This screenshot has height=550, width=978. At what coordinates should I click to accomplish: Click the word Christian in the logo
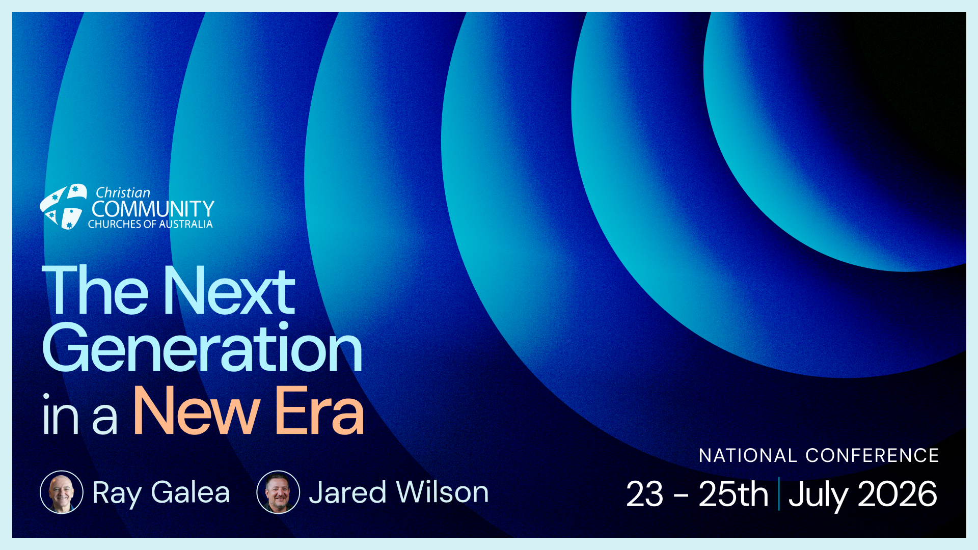[123, 193]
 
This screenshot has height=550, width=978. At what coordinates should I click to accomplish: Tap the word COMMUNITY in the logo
[153, 209]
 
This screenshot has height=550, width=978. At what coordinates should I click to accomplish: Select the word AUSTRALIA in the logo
[186, 224]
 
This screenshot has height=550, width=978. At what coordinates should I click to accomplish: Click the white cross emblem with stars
[64, 206]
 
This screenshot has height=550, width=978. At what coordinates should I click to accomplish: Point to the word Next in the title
[229, 291]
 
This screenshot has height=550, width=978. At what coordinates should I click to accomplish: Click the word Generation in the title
[202, 349]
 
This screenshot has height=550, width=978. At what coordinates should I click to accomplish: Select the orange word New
[197, 411]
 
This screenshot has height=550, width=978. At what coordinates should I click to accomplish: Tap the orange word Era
[319, 411]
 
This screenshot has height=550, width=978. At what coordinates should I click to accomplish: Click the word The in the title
[95, 291]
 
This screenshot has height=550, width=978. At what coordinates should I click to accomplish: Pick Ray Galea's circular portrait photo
[62, 492]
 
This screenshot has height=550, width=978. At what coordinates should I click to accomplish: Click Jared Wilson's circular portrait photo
[278, 492]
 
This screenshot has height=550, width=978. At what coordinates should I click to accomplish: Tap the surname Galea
[191, 492]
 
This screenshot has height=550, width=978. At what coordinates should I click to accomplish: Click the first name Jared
[347, 492]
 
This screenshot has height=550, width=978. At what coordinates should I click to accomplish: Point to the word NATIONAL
[748, 455]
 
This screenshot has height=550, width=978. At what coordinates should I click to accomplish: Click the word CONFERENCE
[872, 455]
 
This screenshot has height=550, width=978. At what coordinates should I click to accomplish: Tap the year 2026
[898, 494]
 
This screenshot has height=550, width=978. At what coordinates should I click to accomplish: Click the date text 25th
[733, 494]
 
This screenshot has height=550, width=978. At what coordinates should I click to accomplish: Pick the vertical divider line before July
[779, 493]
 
